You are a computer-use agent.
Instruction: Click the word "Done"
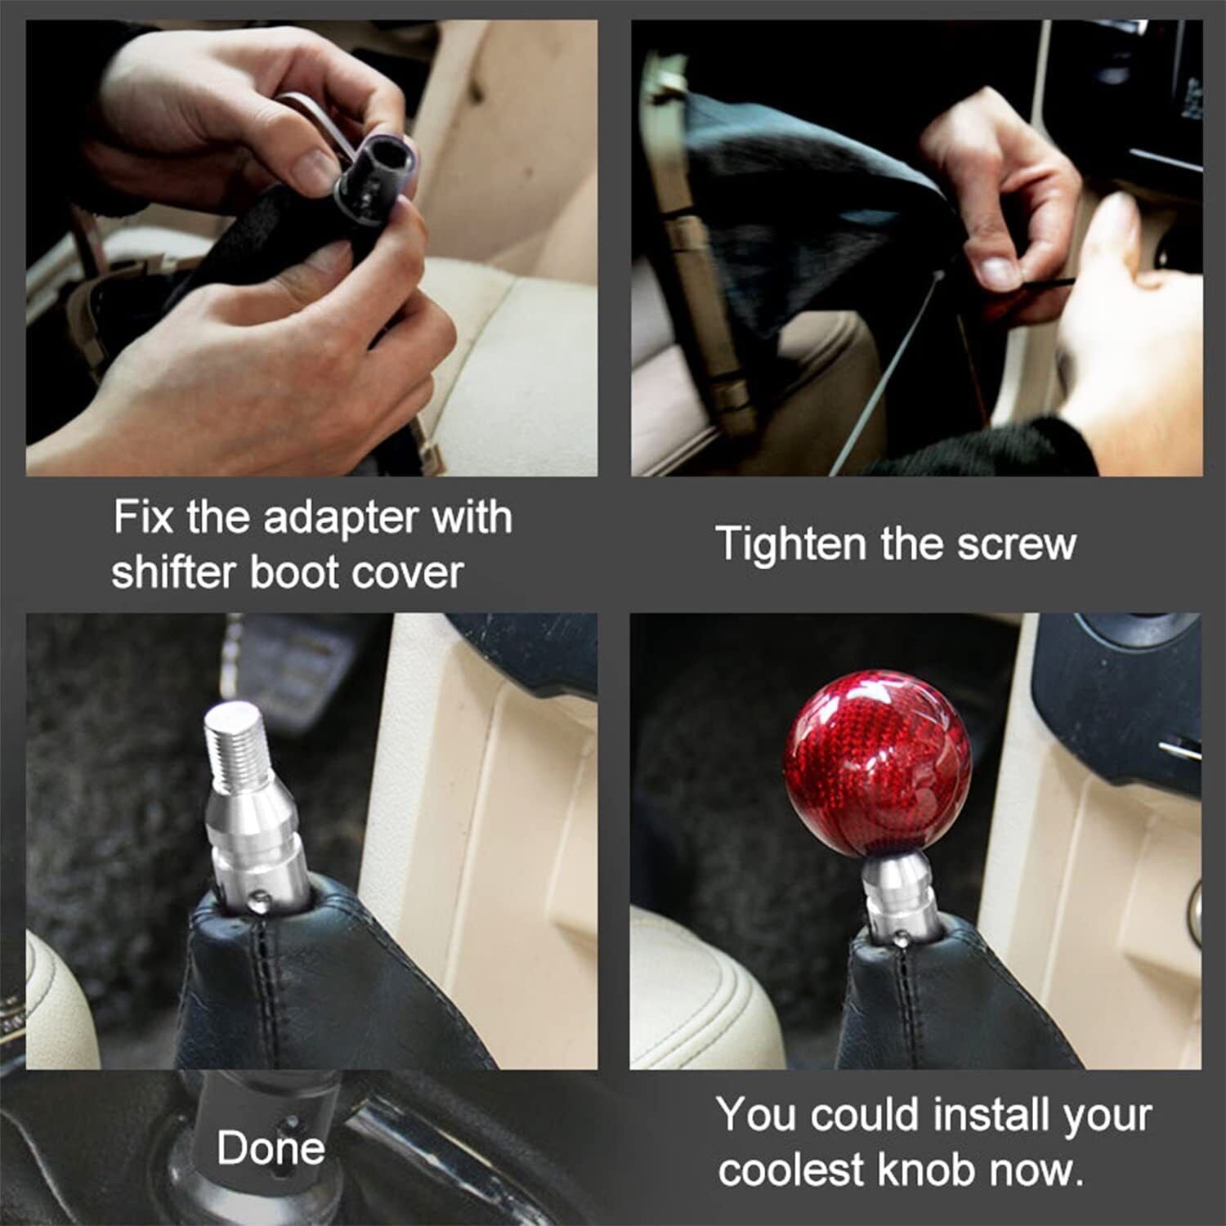tap(271, 1148)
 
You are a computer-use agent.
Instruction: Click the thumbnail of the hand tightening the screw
tap(916, 248)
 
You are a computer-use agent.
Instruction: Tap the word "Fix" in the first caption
tap(143, 518)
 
